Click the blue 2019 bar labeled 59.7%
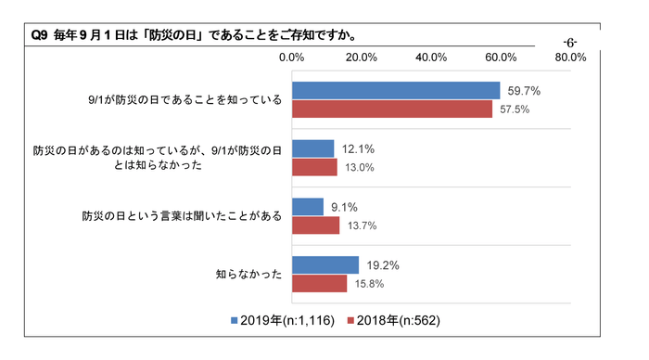point(396,91)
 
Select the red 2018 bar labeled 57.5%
point(392,109)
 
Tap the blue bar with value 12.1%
point(313,148)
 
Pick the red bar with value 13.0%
point(315,167)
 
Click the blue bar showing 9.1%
point(308,207)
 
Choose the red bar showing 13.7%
point(316,225)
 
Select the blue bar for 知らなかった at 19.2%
point(325,264)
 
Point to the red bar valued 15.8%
point(320,283)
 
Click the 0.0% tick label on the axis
point(292,58)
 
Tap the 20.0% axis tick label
point(362,58)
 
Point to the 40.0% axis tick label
point(431,58)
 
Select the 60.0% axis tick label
point(501,58)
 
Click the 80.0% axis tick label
point(570,58)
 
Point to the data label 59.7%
point(523,91)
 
